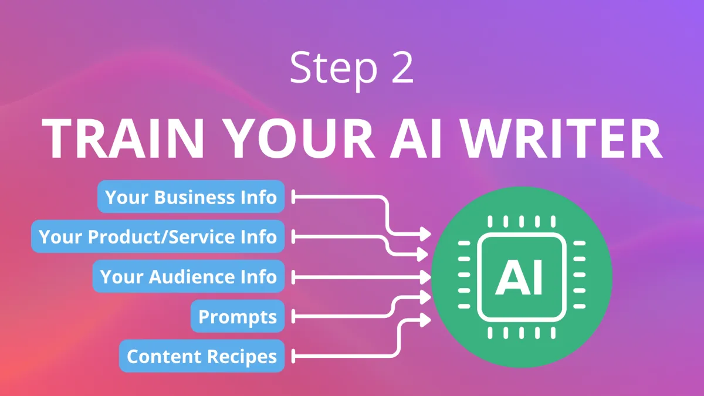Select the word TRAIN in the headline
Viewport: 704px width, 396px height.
click(x=127, y=138)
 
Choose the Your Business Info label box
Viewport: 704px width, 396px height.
click(x=191, y=197)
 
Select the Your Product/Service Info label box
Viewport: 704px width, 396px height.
click(x=157, y=237)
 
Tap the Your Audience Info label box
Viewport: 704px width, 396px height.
click(x=188, y=276)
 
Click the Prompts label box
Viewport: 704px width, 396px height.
click(x=237, y=317)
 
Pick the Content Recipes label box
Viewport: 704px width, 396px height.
click(x=201, y=356)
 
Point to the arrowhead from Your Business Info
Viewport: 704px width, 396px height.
click(x=425, y=234)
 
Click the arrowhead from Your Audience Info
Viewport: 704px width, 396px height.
click(x=425, y=276)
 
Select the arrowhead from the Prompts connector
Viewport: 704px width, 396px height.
click(x=425, y=298)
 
